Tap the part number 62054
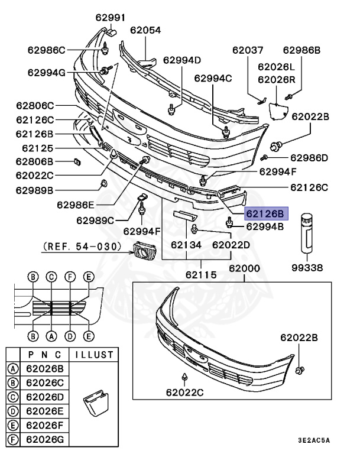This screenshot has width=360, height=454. pyautogui.click(x=145, y=30)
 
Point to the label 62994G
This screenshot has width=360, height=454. pyautogui.click(x=46, y=72)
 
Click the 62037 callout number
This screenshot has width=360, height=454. pyautogui.click(x=248, y=51)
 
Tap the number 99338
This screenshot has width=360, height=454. pyautogui.click(x=309, y=267)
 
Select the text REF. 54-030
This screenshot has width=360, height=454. pyautogui.click(x=82, y=245)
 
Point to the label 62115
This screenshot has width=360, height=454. pyautogui.click(x=201, y=275)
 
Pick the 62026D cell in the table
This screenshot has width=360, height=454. pyautogui.click(x=45, y=395)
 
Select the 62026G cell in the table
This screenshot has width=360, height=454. pyautogui.click(x=45, y=438)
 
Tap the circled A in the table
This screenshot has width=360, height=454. pyautogui.click(x=12, y=368)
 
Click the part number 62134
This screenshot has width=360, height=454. pyautogui.click(x=186, y=244)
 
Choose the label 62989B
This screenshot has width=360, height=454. pyautogui.click(x=35, y=190)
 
